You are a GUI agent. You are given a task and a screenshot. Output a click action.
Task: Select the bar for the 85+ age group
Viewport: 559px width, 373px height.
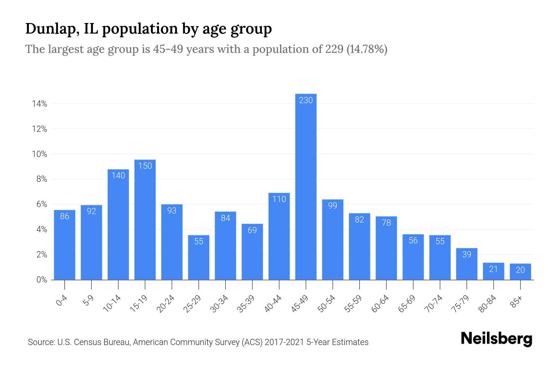point(520,272)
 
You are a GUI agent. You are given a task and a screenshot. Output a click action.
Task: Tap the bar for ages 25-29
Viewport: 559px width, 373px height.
point(198,258)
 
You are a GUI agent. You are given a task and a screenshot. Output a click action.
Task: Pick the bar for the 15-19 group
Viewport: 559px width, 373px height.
point(145,221)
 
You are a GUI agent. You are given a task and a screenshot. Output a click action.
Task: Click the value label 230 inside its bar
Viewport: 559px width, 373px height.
point(306,100)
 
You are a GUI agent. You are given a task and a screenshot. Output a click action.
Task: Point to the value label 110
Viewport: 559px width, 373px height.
point(279,199)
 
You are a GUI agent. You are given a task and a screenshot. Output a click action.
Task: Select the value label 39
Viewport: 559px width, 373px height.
point(466,254)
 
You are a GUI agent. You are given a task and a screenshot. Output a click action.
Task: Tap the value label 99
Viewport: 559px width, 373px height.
point(333,205)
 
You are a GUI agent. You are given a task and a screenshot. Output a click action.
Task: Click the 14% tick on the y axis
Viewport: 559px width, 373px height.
point(39,104)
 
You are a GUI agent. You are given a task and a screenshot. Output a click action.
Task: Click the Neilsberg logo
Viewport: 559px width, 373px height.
point(496,339)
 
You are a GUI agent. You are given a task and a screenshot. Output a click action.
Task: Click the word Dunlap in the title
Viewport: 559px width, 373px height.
point(51,29)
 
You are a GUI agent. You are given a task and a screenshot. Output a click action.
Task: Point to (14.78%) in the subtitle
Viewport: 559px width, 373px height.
point(367,49)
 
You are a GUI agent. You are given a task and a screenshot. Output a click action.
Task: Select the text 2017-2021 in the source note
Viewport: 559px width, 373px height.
point(284,342)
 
